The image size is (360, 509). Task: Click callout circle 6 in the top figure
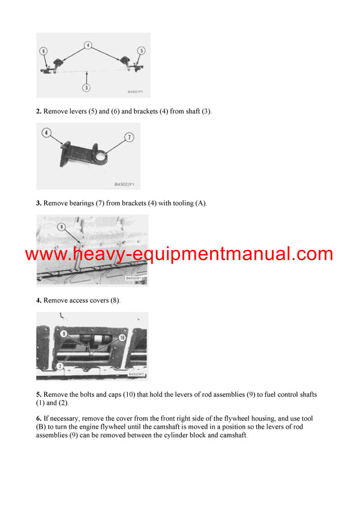tap(43, 51)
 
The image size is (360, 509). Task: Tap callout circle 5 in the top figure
tap(142, 50)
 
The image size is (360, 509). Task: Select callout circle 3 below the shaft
tap(86, 87)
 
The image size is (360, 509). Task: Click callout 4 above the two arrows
tap(88, 44)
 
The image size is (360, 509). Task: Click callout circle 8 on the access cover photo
tap(61, 227)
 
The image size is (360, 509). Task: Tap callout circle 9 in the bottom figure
tap(63, 333)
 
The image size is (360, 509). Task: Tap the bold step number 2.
tap(38, 112)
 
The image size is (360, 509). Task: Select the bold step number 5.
tap(38, 394)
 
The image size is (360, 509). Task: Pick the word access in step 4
tap(77, 300)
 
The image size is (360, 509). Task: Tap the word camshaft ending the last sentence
tap(230, 435)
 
